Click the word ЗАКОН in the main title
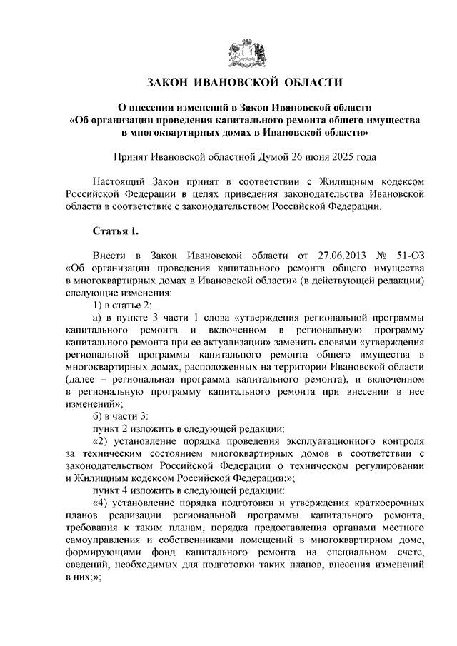point(170,84)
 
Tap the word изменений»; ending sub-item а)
point(91,403)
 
